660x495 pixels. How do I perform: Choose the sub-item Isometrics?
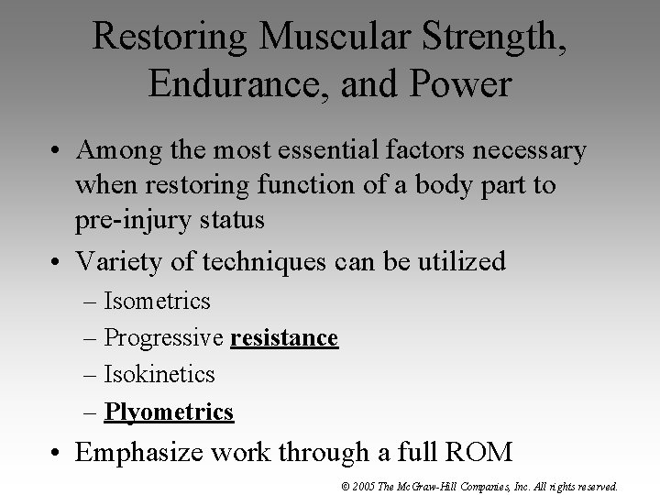coord(157,301)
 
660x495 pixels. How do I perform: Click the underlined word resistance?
coord(284,338)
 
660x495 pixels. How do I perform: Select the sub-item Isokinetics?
coord(159,374)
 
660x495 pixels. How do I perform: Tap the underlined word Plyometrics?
coord(169,412)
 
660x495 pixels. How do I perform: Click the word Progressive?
coord(164,338)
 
